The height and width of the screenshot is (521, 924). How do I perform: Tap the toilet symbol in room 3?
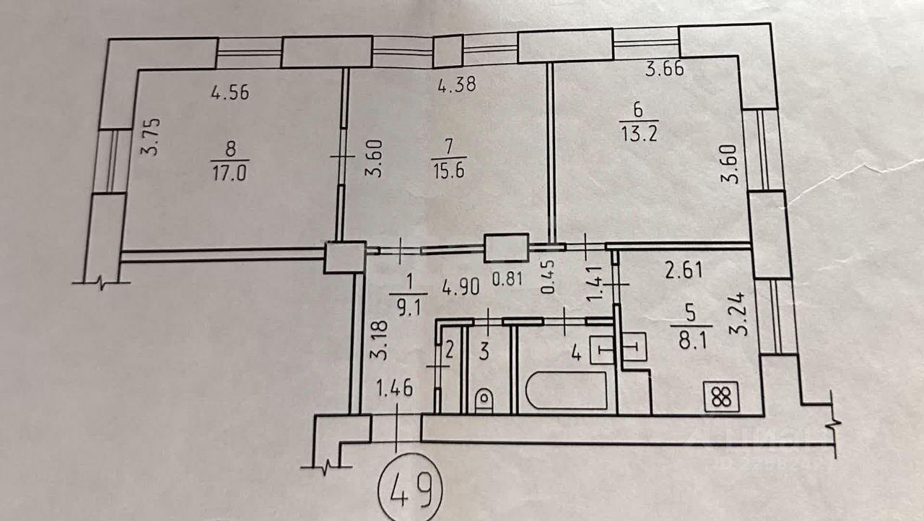click(484, 400)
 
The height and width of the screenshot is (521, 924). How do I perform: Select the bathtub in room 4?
click(567, 391)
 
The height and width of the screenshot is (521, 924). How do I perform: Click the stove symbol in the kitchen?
click(721, 397)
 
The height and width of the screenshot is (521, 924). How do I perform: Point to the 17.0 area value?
click(230, 173)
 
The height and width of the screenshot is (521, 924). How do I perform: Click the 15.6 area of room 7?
click(449, 170)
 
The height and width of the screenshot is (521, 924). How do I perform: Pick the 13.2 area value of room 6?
click(639, 133)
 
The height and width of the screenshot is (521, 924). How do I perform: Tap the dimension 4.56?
click(230, 93)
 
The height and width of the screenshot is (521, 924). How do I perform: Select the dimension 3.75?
click(151, 137)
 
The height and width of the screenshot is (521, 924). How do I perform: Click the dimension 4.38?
click(457, 84)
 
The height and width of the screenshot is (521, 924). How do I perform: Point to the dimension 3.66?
click(665, 69)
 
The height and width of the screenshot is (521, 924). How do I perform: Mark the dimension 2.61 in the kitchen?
click(684, 270)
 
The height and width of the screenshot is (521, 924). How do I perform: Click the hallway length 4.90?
click(461, 286)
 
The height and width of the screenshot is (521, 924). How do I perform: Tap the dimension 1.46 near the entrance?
click(395, 388)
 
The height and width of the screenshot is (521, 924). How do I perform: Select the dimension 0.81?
click(507, 279)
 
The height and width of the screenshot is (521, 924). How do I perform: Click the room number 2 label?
click(449, 350)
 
